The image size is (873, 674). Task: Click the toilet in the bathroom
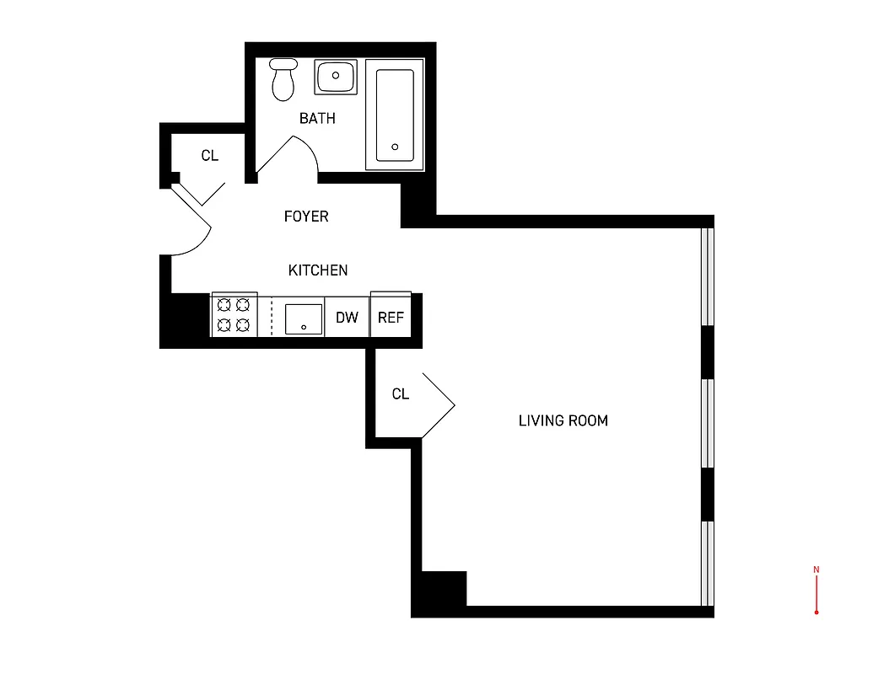[283, 79]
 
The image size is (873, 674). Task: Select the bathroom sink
[336, 77]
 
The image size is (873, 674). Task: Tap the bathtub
[394, 115]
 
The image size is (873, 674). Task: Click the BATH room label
[317, 119]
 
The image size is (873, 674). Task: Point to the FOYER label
[306, 217]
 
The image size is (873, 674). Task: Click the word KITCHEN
[318, 270]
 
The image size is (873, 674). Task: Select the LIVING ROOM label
[563, 420]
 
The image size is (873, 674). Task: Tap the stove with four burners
[234, 315]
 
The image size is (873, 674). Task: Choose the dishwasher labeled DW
[347, 318]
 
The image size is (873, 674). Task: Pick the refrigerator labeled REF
[391, 318]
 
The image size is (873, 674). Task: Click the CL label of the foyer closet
[209, 156]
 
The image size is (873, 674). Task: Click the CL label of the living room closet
[401, 394]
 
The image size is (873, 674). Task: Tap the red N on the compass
[816, 570]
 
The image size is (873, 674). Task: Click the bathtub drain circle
[395, 147]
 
